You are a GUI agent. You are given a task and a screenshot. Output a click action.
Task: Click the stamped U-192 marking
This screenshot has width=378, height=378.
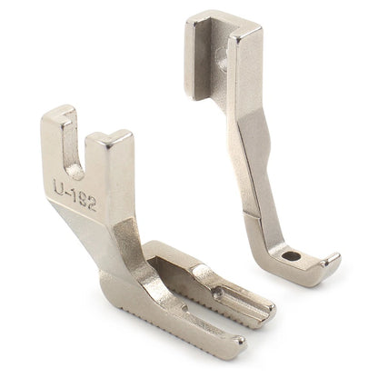point(75,194)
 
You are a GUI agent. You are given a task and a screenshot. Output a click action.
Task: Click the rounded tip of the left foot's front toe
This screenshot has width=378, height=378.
point(240,343)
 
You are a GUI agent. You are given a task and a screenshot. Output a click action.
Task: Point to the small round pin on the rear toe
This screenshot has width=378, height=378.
point(217,292)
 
